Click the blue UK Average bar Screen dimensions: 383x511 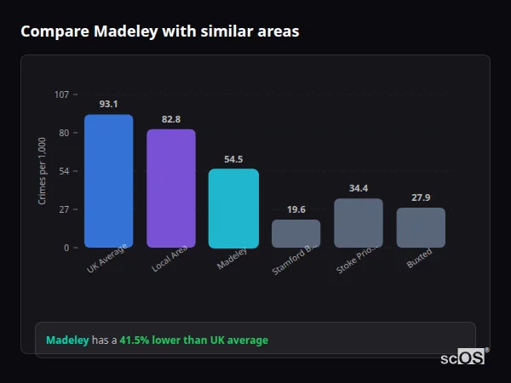108,181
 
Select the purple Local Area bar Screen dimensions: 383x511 171,189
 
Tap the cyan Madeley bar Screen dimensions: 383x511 233,209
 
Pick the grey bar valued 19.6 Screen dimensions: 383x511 296,234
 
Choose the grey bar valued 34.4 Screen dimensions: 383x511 359,223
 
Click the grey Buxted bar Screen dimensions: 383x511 421,228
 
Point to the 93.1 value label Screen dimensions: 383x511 108,104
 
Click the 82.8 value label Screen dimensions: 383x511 171,119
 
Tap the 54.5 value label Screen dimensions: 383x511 233,159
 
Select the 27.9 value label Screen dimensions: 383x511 421,197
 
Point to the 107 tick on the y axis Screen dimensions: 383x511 61,94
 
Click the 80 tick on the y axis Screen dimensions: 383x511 63,133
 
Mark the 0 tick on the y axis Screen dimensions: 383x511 66,248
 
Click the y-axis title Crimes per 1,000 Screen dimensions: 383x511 43,171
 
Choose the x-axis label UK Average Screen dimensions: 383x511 106,259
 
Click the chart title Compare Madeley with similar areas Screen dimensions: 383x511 159,31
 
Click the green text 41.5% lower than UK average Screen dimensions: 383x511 193,340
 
